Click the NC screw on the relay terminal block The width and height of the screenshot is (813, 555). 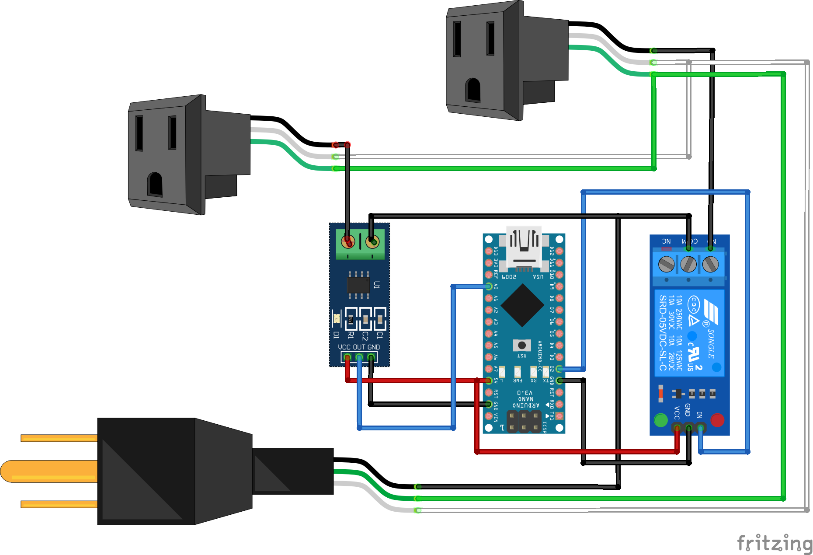point(666,264)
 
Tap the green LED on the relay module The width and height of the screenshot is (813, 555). point(660,420)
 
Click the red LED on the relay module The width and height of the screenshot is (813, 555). point(717,420)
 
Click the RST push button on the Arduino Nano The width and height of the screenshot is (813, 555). point(521,345)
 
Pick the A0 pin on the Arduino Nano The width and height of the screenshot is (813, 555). point(489,286)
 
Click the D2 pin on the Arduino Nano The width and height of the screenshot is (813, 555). point(559,369)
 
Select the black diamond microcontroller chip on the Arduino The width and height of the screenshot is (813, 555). point(522,305)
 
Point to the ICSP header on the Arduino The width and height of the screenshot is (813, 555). point(524,421)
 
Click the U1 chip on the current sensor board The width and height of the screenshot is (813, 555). point(358,285)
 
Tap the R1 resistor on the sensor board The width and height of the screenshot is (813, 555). point(351,320)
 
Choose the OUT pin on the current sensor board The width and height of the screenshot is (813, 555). point(359,358)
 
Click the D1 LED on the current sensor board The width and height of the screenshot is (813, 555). point(337,318)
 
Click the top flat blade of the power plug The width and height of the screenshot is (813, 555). point(59,438)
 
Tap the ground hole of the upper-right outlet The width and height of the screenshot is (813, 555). point(473,90)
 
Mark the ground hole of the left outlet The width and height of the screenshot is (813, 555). point(155,184)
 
